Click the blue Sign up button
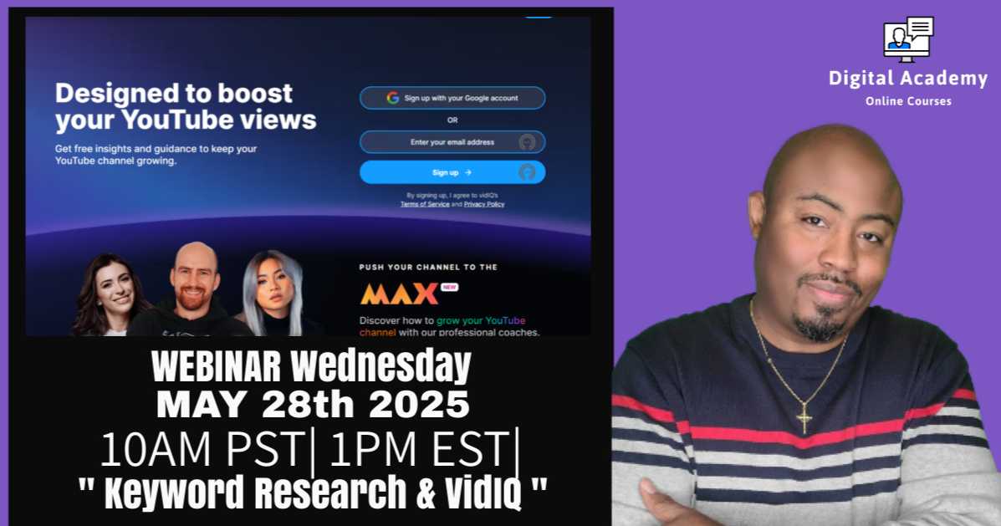click(x=452, y=172)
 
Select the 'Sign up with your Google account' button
click(x=452, y=99)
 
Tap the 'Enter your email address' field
click(x=452, y=141)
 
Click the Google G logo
click(x=392, y=98)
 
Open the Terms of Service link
click(x=425, y=204)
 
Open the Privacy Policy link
click(x=484, y=204)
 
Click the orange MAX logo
click(x=399, y=294)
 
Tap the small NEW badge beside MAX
click(x=449, y=288)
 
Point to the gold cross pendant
click(x=804, y=419)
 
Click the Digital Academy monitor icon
click(x=908, y=39)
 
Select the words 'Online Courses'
click(x=908, y=101)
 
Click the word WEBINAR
click(x=216, y=367)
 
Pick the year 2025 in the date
click(x=419, y=405)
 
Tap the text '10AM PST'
click(x=202, y=449)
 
